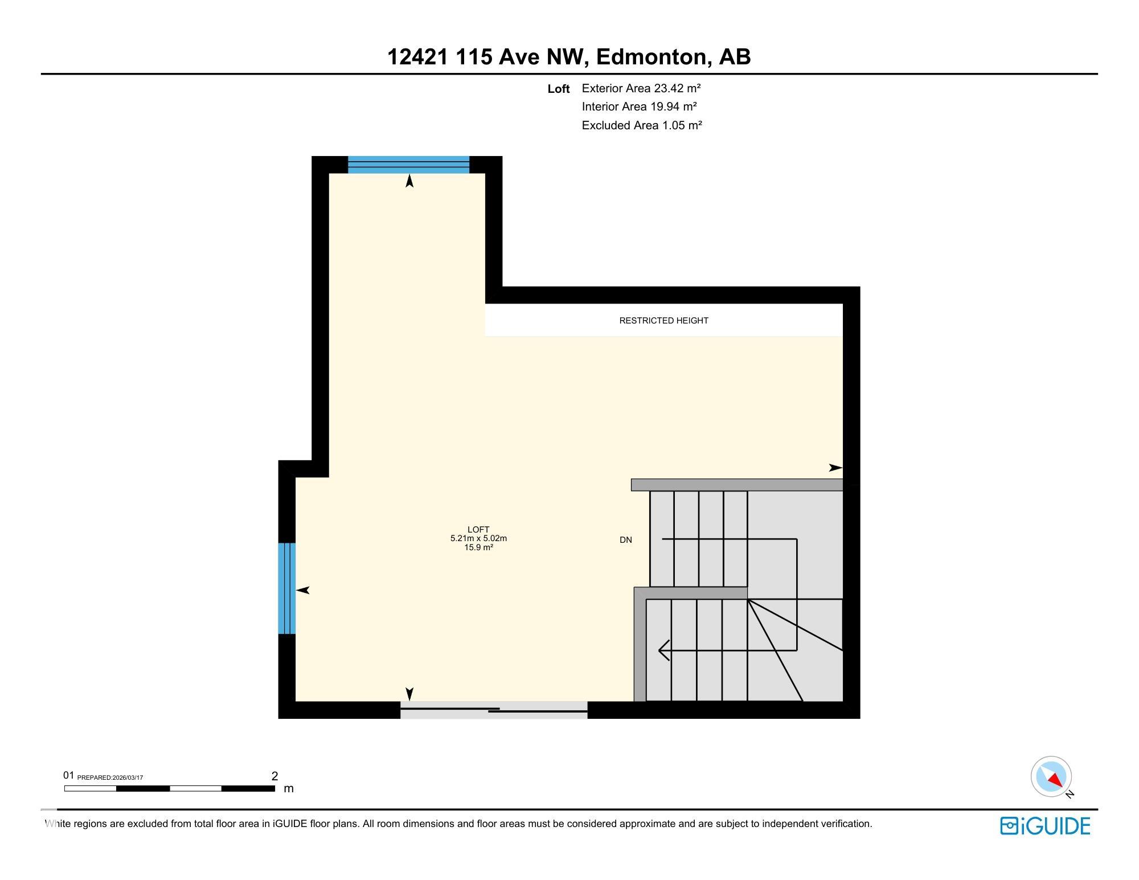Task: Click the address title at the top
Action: (x=569, y=57)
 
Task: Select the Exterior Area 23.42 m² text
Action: (x=641, y=88)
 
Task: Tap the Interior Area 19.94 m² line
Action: (x=640, y=107)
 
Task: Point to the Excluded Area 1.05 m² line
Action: (x=641, y=125)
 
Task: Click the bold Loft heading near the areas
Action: (x=558, y=89)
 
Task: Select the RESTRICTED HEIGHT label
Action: (x=663, y=321)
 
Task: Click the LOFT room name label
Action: (x=478, y=530)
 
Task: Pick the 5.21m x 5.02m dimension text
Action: (x=478, y=538)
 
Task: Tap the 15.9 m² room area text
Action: (x=478, y=547)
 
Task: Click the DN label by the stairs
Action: (x=625, y=540)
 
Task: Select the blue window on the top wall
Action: (x=408, y=165)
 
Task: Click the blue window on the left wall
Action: (x=286, y=588)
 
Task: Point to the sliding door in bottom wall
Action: (x=494, y=710)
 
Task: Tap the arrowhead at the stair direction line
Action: (x=663, y=650)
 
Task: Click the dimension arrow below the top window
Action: (x=409, y=182)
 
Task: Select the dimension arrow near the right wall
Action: (x=835, y=468)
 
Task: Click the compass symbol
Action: (x=1051, y=777)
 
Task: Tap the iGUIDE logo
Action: (x=1045, y=826)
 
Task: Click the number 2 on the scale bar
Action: (x=274, y=776)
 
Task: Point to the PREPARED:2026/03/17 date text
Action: (x=110, y=778)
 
